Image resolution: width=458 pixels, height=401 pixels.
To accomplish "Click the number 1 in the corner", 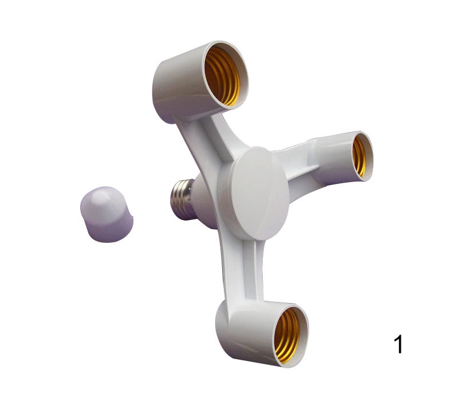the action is tap(398, 344).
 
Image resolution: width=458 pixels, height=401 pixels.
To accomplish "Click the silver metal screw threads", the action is tap(181, 199).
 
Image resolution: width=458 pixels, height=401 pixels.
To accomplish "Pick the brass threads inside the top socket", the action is tap(223, 77).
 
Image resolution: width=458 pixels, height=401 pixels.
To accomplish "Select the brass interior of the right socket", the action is tap(360, 156).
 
